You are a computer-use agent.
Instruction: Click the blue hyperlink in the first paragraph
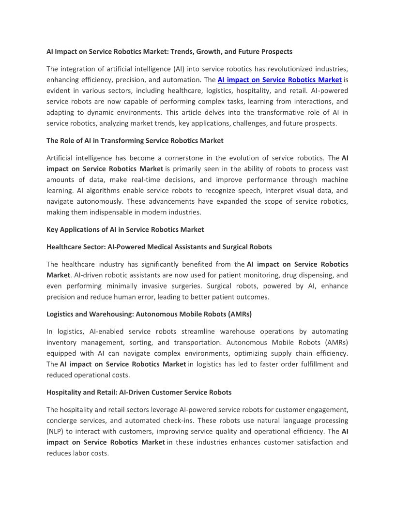click(280, 80)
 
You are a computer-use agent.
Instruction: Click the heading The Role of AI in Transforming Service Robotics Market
click(135, 140)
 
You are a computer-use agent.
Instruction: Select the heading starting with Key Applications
click(125, 229)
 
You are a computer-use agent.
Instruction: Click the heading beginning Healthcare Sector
click(159, 247)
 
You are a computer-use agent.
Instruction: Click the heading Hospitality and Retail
click(139, 392)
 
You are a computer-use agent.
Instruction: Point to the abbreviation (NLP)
click(57, 431)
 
